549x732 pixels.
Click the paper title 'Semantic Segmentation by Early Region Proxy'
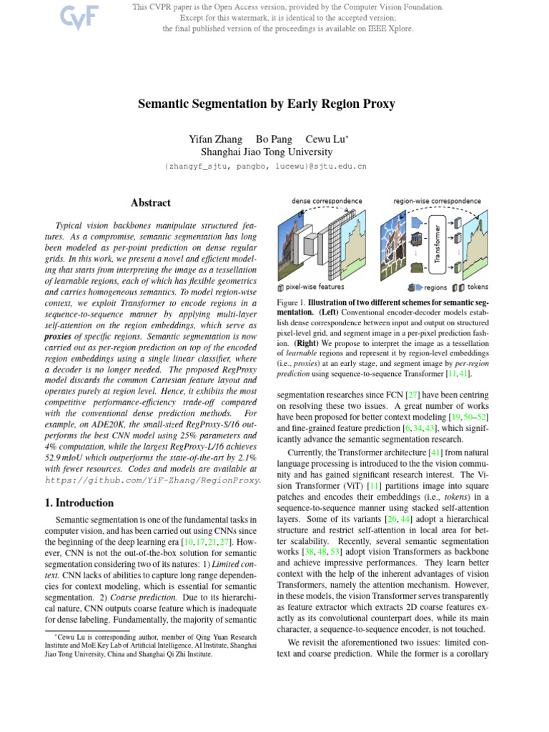point(266,104)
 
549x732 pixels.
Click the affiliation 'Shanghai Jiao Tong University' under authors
point(266,152)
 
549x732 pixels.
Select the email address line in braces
point(266,166)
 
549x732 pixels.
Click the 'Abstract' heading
point(152,203)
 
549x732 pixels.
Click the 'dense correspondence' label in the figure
point(327,201)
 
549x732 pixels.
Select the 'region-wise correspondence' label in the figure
point(437,201)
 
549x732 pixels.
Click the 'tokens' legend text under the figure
point(478,288)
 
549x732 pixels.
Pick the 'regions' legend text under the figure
point(435,288)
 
